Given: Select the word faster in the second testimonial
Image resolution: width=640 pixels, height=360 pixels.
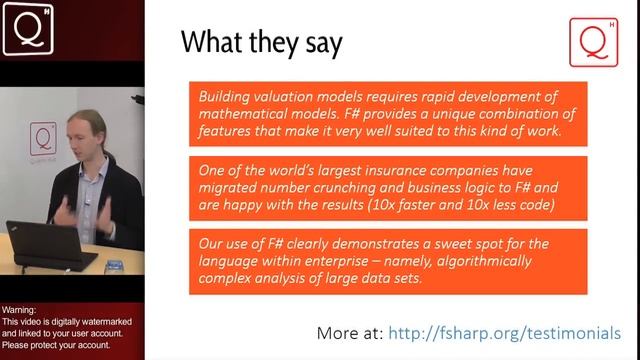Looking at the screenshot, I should [454, 205].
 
